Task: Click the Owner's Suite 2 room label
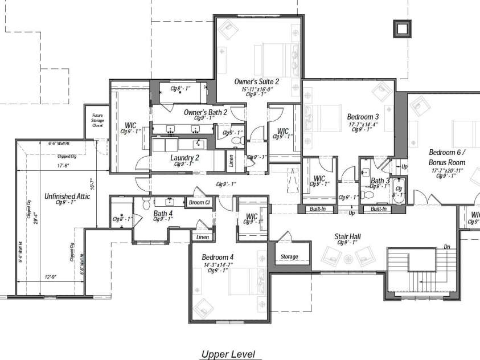(257, 82)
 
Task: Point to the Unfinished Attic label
(67, 196)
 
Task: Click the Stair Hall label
(348, 235)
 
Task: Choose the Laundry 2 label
(184, 158)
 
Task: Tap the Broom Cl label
(200, 202)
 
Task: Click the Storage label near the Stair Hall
(289, 256)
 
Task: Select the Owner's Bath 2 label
(205, 113)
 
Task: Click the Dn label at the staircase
(448, 247)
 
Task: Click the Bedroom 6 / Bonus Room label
(448, 157)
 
